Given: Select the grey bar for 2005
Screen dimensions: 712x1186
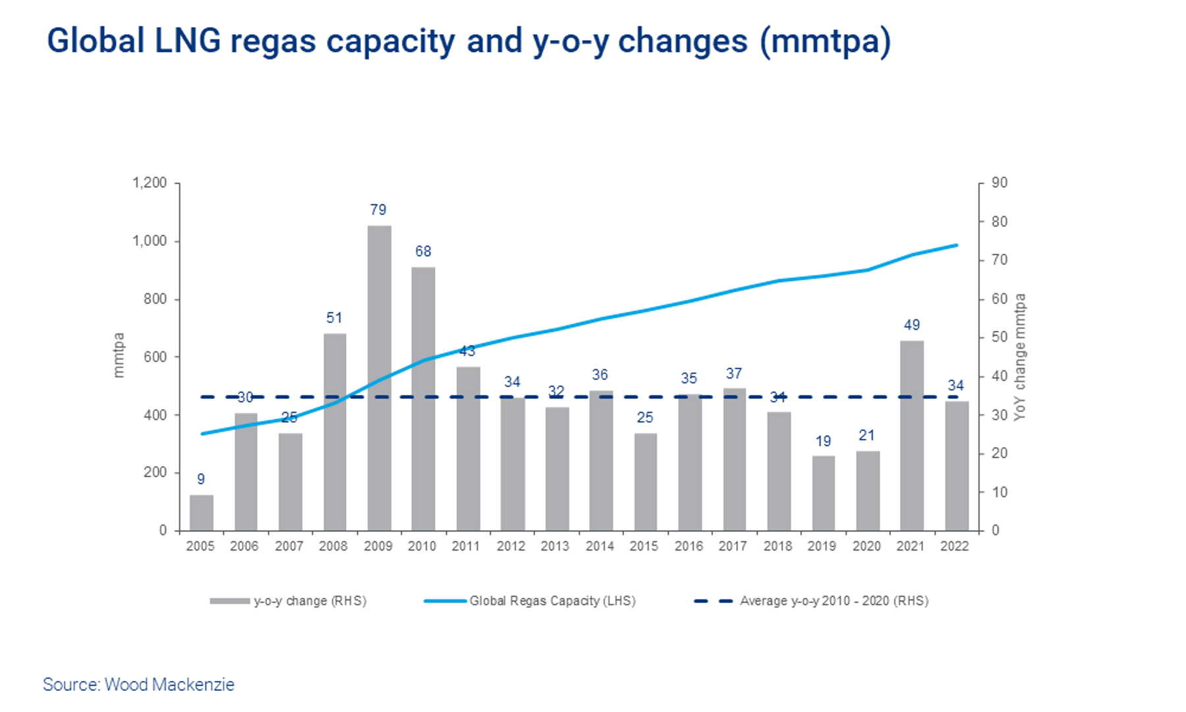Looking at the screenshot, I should [201, 512].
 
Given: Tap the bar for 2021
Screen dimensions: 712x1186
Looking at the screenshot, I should [912, 435].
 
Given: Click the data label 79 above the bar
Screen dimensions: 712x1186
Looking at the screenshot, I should [378, 210].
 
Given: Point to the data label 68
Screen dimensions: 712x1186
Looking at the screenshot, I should [423, 251].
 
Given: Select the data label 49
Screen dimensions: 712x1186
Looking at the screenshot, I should [912, 325].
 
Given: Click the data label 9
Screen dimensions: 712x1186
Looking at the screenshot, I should [201, 479].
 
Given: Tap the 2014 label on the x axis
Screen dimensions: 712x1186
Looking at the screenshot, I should [600, 547].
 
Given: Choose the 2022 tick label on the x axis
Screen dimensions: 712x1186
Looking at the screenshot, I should [955, 547].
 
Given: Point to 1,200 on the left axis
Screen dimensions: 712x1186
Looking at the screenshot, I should [150, 183].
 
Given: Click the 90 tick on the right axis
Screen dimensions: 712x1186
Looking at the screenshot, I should [1000, 183].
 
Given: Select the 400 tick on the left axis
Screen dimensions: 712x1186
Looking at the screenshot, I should [155, 415].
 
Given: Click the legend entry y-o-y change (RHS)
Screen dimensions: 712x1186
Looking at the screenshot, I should [310, 601].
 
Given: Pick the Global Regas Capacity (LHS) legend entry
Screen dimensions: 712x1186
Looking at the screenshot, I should [552, 601].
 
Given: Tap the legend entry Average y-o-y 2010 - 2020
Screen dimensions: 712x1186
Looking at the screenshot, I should [833, 601].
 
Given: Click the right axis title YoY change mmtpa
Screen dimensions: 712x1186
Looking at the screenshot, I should [1020, 357].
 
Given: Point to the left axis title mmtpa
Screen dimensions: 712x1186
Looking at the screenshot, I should [119, 355].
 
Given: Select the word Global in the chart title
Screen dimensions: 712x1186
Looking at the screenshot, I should [96, 41].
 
